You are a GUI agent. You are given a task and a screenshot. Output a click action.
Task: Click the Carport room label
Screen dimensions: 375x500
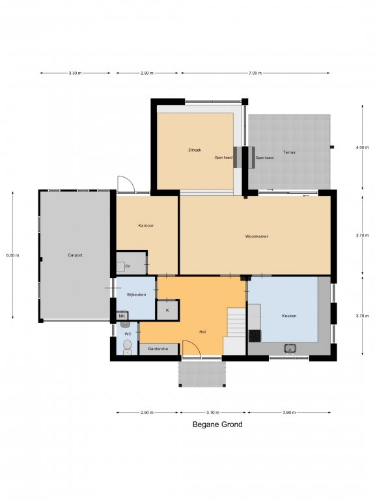75,255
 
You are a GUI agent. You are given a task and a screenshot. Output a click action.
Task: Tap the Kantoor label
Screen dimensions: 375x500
146,225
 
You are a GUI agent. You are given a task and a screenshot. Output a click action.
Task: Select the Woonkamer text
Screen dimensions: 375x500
257,236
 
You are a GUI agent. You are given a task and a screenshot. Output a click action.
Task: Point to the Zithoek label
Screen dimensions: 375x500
195,150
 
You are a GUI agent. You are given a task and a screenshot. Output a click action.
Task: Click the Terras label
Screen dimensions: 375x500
289,152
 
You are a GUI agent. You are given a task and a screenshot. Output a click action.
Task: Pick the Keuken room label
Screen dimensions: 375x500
289,316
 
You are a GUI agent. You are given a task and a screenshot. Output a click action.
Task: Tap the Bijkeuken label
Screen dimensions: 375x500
137,295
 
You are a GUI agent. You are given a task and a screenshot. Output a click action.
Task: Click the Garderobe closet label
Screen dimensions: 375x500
158,349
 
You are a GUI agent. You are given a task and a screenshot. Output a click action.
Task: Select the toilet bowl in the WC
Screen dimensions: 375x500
127,346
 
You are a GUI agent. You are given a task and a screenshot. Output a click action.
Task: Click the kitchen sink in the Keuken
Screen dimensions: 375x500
290,348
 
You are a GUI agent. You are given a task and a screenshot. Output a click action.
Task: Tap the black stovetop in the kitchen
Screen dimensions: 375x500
255,335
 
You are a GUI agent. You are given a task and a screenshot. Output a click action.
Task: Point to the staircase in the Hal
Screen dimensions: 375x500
236,322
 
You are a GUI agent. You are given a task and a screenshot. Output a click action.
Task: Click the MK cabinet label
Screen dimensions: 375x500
122,316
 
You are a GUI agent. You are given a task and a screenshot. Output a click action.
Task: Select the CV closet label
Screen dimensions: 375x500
128,266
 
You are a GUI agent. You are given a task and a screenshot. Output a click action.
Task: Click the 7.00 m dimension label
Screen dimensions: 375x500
255,73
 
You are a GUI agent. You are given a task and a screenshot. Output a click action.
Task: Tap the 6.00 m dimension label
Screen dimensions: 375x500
12,255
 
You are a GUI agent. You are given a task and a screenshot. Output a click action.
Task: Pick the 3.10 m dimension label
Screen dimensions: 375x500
213,412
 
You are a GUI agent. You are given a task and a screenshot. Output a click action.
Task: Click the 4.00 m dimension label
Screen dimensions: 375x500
362,148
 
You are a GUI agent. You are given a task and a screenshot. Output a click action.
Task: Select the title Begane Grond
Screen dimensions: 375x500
217,424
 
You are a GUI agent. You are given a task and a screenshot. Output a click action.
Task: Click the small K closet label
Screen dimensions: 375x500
167,311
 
